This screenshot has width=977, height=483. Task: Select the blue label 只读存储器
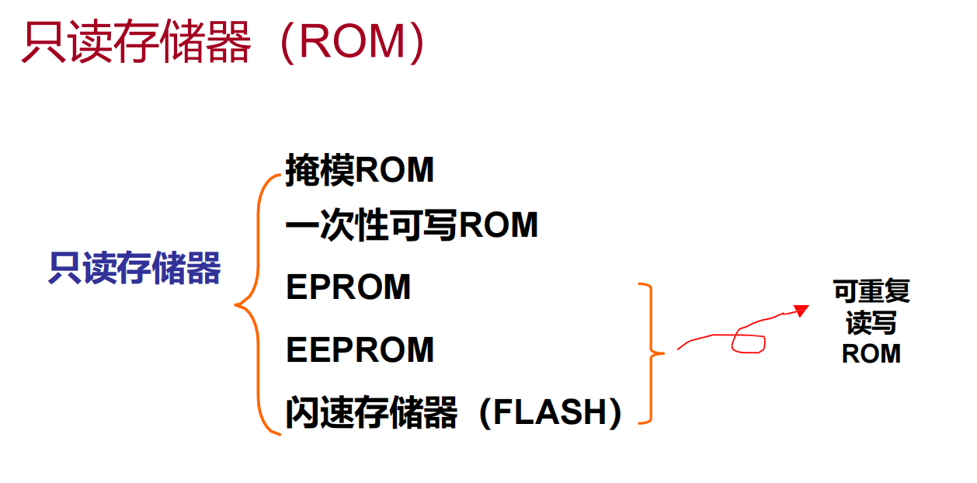point(134,269)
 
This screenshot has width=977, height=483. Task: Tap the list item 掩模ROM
point(359,170)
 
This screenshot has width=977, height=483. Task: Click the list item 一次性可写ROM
point(412,227)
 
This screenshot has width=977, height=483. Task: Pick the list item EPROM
point(348,288)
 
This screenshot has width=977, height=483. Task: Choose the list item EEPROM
point(360,350)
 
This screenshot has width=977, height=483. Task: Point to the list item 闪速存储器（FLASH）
point(454,413)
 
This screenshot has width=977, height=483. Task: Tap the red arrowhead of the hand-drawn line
point(801,311)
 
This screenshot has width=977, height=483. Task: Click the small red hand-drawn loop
point(749,343)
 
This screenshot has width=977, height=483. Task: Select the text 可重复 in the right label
point(871,292)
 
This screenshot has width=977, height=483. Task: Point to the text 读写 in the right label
point(871,323)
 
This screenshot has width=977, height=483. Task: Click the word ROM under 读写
point(871,354)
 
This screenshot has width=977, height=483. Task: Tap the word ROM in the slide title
point(353,43)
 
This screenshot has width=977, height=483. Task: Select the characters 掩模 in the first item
point(312,170)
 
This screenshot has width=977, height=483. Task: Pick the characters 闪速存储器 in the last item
point(371,413)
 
